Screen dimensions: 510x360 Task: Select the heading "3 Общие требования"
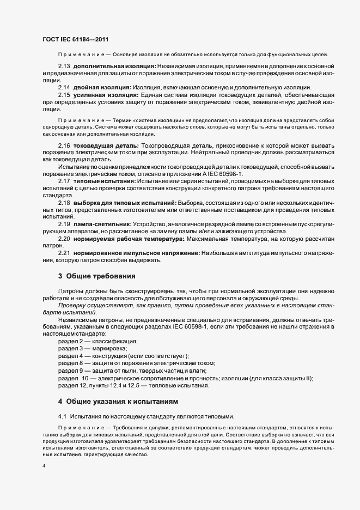click(x=96, y=276)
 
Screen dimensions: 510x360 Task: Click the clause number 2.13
click(x=64, y=66)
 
